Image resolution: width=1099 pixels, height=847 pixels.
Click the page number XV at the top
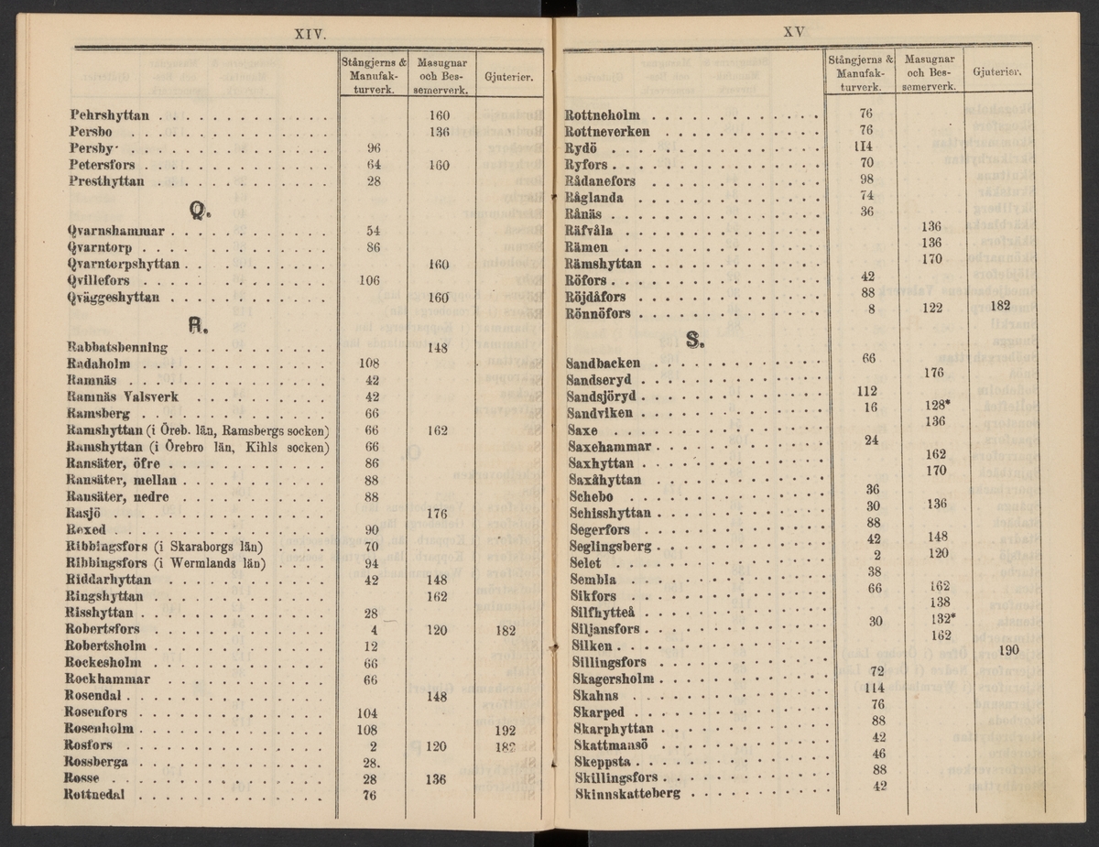pos(793,31)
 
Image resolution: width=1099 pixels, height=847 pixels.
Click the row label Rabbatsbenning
pos(117,347)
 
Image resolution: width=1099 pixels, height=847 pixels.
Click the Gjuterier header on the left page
pos(507,77)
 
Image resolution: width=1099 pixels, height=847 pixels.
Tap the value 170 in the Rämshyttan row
pos(933,259)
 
